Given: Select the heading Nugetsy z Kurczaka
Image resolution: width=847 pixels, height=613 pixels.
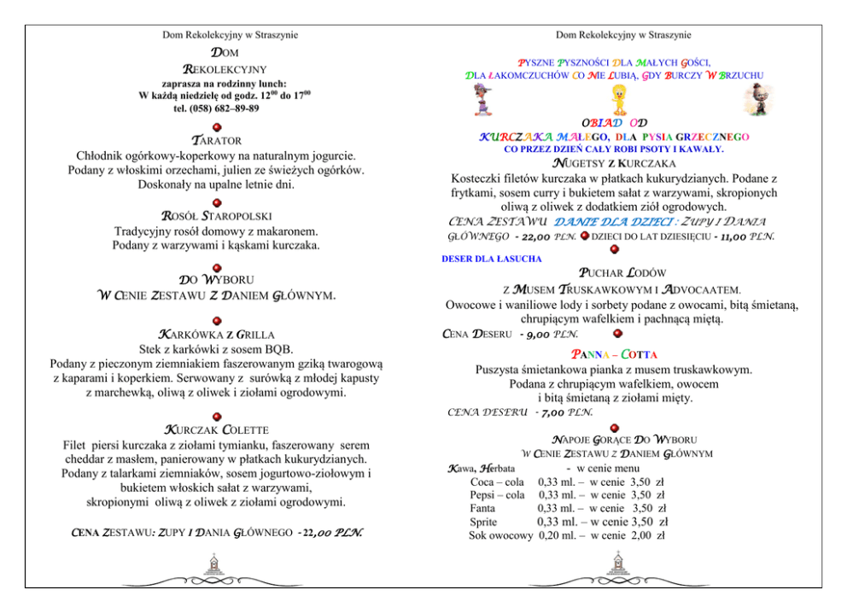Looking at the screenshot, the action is (614, 163).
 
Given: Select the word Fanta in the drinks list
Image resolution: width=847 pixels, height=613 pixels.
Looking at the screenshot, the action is (484, 508).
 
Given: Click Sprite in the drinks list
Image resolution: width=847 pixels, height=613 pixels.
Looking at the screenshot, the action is (484, 522).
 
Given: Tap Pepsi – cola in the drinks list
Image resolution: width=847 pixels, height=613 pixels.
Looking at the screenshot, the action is (497, 494).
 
